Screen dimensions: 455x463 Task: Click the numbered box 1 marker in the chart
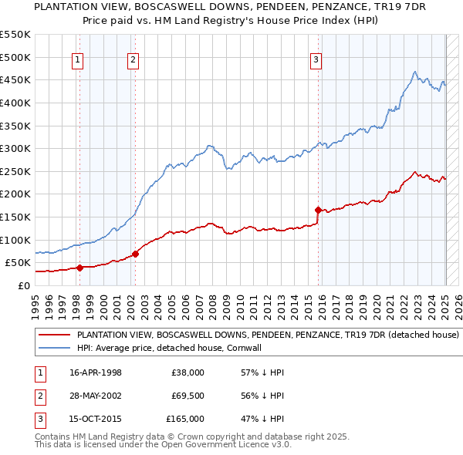(x=78, y=60)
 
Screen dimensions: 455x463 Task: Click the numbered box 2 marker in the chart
(x=133, y=60)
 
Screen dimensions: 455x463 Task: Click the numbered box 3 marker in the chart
(x=316, y=60)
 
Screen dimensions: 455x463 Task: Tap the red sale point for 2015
(x=318, y=209)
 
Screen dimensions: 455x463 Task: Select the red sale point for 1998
(x=79, y=268)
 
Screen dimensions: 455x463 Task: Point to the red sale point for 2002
(x=135, y=253)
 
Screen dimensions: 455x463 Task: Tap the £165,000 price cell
(x=185, y=420)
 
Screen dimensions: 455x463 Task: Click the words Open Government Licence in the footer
(x=231, y=444)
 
